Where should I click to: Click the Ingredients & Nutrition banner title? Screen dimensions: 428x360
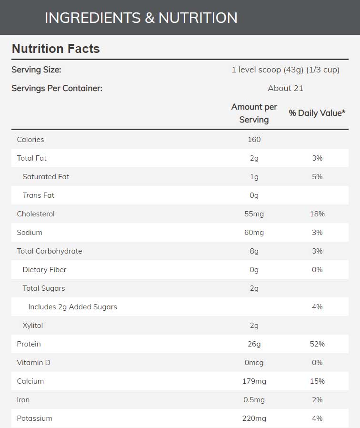tap(141, 18)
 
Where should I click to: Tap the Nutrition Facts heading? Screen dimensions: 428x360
tap(56, 49)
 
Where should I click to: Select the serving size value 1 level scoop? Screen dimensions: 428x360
tap(285, 70)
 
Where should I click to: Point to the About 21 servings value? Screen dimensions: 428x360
tap(285, 88)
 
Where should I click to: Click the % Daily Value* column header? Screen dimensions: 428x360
tap(317, 113)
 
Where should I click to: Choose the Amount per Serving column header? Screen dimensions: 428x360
tap(254, 113)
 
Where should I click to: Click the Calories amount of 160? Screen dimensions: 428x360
tap(254, 140)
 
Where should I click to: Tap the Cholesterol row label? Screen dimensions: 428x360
tap(36, 214)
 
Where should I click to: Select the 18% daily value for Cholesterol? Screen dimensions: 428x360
tap(317, 214)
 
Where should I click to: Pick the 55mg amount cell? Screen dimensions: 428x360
tap(254, 214)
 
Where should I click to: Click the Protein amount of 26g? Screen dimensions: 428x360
tap(254, 344)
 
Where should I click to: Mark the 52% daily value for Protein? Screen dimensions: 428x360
tap(317, 344)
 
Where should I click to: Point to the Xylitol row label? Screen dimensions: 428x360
tap(33, 326)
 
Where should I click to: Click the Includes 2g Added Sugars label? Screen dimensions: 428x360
tap(72, 307)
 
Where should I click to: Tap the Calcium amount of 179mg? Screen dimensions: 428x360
tap(254, 381)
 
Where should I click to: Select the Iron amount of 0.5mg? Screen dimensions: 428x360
tap(254, 400)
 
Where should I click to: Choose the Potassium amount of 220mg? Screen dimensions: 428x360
tap(254, 418)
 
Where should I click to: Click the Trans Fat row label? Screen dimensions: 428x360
tap(39, 195)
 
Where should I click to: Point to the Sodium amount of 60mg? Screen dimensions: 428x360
tap(254, 233)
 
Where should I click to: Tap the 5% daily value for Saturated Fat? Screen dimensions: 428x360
tap(317, 177)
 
